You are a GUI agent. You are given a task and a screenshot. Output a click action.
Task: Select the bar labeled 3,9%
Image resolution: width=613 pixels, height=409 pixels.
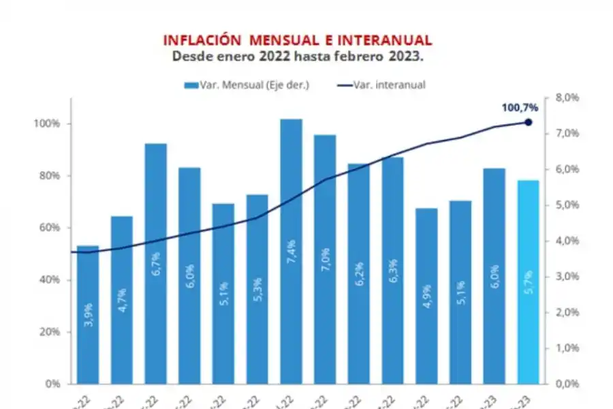(x=88, y=314)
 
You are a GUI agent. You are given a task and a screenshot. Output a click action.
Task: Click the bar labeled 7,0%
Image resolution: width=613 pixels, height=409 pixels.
(x=325, y=258)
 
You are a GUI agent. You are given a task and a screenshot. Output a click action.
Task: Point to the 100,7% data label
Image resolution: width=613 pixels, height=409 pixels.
(x=520, y=107)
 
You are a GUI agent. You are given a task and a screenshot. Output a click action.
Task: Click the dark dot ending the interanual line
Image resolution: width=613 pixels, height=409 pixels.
(x=528, y=122)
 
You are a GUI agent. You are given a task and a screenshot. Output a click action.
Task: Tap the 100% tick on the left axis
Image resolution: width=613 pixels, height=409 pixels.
(x=48, y=124)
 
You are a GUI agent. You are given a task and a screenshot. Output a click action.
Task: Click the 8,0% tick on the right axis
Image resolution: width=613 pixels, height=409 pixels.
(x=567, y=98)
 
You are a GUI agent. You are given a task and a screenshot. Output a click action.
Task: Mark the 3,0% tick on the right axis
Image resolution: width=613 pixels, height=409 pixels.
(x=567, y=277)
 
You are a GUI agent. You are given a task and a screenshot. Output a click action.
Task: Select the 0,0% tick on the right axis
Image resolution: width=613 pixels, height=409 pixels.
(x=567, y=384)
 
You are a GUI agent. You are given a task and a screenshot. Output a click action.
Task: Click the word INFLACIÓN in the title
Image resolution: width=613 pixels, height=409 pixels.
(x=200, y=40)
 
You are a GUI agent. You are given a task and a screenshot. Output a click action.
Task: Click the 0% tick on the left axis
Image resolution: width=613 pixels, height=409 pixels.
(x=54, y=384)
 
